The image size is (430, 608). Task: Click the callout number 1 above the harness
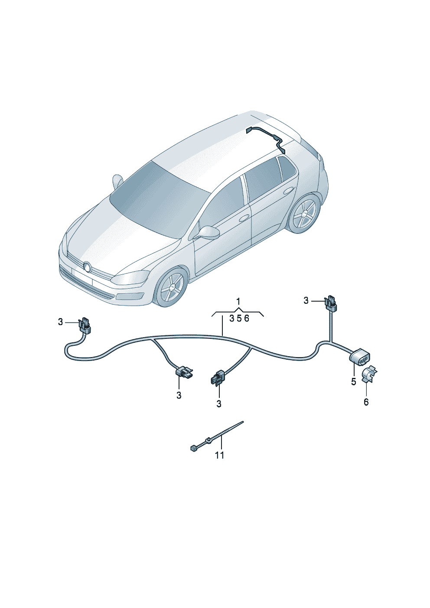(238, 301)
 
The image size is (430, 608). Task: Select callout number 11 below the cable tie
(220, 455)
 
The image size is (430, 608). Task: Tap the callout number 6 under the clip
(366, 402)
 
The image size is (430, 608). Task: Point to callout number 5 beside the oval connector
(353, 381)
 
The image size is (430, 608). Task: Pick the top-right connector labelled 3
(331, 302)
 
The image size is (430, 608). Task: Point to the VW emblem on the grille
(87, 267)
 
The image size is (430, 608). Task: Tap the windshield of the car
(156, 199)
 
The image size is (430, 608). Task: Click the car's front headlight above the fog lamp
(130, 277)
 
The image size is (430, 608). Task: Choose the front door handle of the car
(244, 217)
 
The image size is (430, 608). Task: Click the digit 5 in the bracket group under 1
(239, 319)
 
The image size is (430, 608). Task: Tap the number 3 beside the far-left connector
(60, 322)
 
